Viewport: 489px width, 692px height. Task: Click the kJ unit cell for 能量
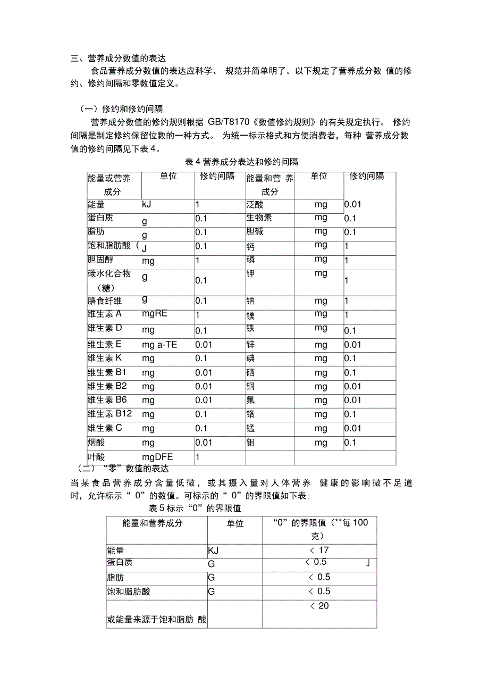click(147, 204)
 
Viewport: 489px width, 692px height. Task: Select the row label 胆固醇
click(100, 260)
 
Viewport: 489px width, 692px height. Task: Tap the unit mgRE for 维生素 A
click(155, 313)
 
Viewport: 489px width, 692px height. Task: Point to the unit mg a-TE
click(159, 345)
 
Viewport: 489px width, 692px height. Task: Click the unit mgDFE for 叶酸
click(157, 457)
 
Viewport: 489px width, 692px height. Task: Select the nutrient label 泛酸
click(255, 204)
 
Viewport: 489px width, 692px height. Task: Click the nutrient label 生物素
click(259, 218)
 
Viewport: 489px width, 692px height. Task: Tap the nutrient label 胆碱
click(255, 232)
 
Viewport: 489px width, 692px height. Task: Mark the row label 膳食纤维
click(105, 301)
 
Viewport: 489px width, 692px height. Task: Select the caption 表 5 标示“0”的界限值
click(195, 508)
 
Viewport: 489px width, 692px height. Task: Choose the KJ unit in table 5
click(213, 551)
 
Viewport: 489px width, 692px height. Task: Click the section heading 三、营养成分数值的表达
click(119, 59)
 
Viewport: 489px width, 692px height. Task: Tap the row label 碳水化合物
click(109, 274)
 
